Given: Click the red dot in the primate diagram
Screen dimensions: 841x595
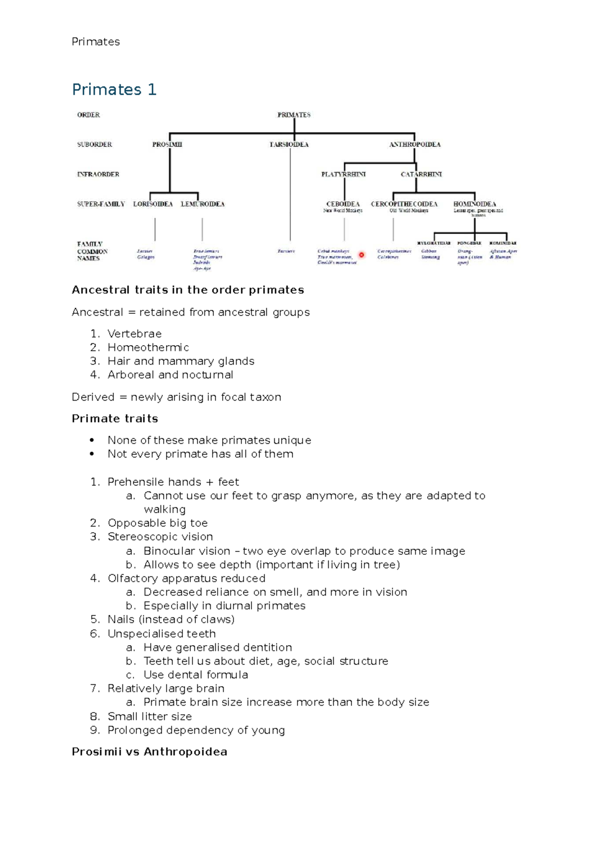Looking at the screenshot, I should tap(361, 255).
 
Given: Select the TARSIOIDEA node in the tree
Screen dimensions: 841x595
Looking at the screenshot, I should tap(289, 145).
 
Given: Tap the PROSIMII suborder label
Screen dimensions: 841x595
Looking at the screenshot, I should tap(167, 145).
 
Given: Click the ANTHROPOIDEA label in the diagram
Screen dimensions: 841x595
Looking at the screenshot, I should tap(415, 145).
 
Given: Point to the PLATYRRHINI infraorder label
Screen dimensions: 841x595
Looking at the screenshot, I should tap(344, 175).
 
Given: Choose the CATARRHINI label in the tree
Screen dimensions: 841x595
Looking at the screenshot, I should tap(421, 175).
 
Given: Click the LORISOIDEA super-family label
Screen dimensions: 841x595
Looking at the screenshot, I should tap(153, 204).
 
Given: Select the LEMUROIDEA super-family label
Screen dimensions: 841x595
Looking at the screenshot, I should tap(202, 204).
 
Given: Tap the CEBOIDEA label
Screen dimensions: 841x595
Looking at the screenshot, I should tap(343, 204).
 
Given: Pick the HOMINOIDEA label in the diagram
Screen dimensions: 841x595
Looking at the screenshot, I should tap(475, 204).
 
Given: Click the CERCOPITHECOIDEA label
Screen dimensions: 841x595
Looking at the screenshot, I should tap(404, 204).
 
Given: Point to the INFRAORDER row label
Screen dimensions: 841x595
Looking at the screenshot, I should tap(98, 175).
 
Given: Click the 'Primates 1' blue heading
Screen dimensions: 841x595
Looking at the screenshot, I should tap(114, 90).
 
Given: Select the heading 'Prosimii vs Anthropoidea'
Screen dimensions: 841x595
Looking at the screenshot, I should tap(149, 752).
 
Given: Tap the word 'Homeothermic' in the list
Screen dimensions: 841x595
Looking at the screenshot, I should tap(148, 348).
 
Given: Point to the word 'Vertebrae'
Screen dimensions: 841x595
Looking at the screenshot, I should tap(134, 334).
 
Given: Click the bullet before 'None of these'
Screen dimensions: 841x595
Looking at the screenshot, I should tap(92, 440).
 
